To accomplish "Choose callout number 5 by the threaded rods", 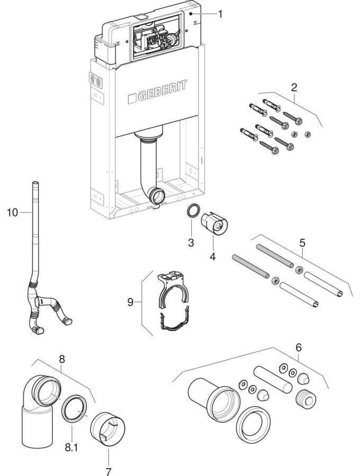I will [x=302, y=243].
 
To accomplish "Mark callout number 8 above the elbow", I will [x=62, y=358].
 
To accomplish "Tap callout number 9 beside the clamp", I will [x=131, y=302].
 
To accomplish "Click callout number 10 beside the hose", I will [x=12, y=212].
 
